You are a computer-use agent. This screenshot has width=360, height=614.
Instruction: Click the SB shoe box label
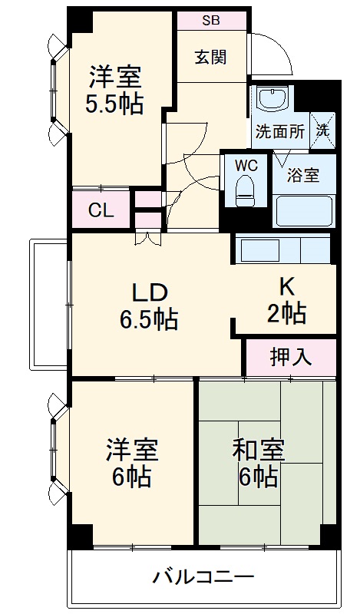(x=210, y=21)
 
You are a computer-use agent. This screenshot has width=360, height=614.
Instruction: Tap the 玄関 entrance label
(x=209, y=57)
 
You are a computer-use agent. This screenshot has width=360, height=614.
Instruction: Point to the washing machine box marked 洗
(x=323, y=130)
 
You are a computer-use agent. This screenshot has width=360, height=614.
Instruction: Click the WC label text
(x=246, y=165)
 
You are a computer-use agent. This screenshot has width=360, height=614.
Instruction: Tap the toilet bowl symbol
(x=246, y=188)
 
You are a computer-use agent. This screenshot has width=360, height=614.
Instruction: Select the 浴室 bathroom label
(x=303, y=175)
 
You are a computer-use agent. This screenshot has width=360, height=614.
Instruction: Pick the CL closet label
(x=101, y=210)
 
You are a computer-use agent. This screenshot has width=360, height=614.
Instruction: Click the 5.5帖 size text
(x=114, y=104)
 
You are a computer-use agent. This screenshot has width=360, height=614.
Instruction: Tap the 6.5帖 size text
(x=149, y=318)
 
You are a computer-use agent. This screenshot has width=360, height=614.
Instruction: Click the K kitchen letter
(x=286, y=286)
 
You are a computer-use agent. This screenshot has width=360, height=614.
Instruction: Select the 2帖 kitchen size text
(x=286, y=312)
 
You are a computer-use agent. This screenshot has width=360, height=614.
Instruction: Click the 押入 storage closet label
(x=290, y=357)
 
